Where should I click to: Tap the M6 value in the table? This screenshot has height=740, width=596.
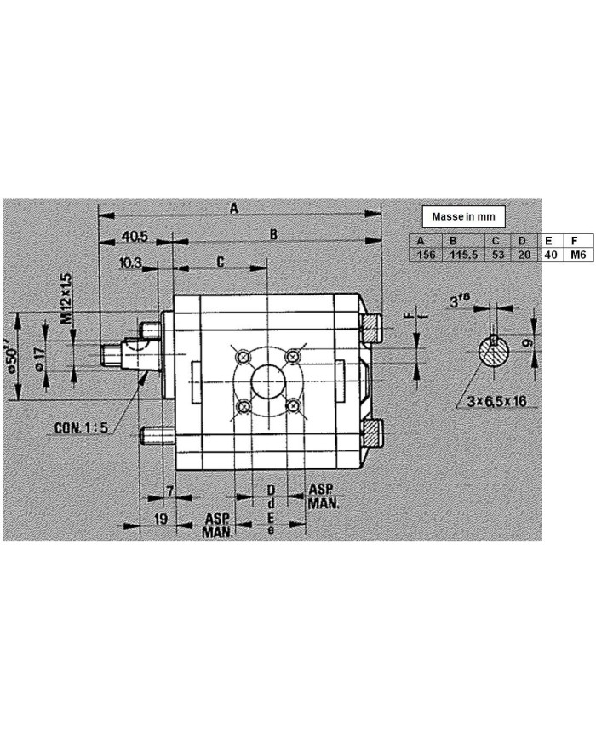[x=578, y=255]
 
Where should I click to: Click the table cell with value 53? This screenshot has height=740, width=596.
[x=498, y=255]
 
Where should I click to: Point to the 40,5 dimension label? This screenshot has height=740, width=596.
[x=134, y=235]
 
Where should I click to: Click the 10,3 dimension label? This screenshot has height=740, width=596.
[x=130, y=263]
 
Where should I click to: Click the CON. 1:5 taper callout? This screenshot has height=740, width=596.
[x=81, y=428]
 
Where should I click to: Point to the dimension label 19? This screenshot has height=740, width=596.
[x=160, y=519]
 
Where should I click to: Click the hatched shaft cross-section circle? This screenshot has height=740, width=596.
[x=493, y=351]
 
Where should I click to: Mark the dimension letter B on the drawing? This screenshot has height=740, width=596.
[x=274, y=234]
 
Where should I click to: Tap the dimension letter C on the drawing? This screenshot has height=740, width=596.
[x=220, y=262]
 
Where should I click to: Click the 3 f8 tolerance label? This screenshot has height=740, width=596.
[x=461, y=301]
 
